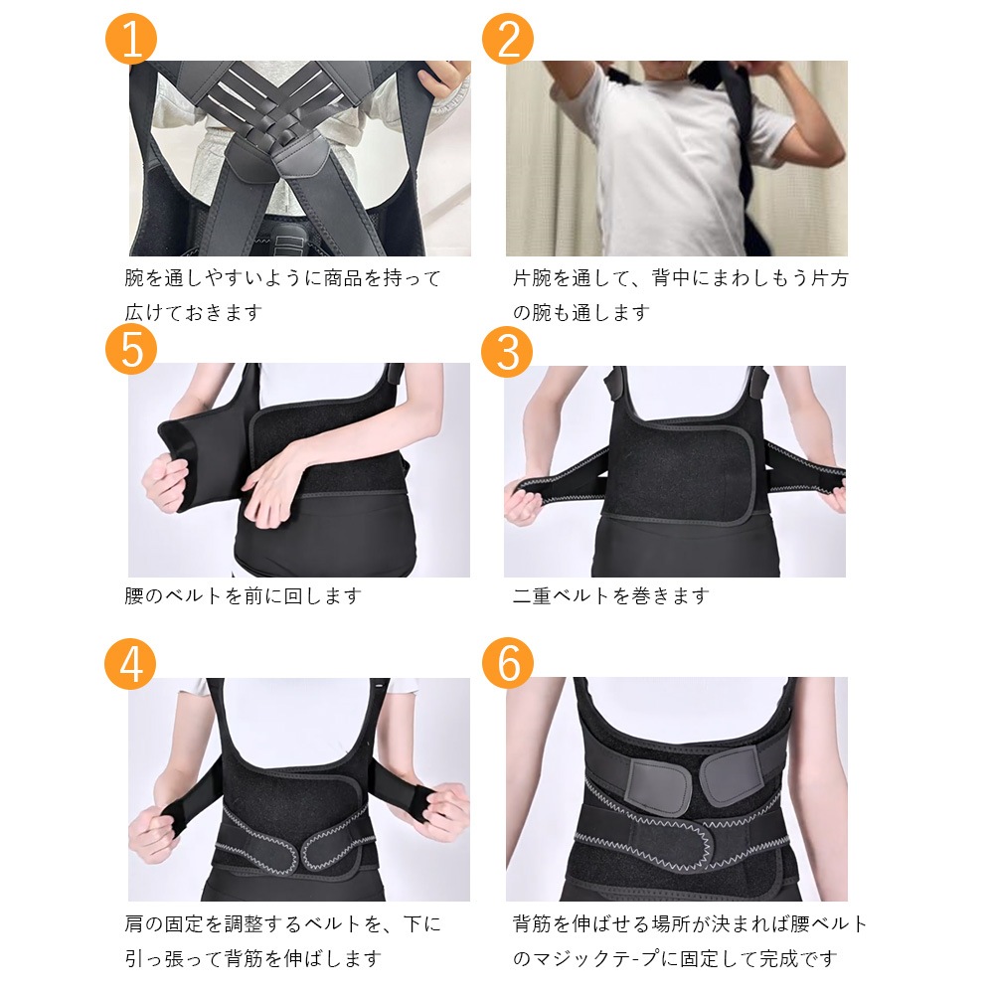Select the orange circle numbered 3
[507, 351]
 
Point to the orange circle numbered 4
[130, 664]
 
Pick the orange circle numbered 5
[131, 348]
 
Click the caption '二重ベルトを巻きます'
[610, 596]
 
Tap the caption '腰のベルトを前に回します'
[244, 596]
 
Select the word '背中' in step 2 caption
[671, 278]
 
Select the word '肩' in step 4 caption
[134, 924]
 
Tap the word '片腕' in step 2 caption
[533, 278]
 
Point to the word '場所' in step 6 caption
[671, 924]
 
